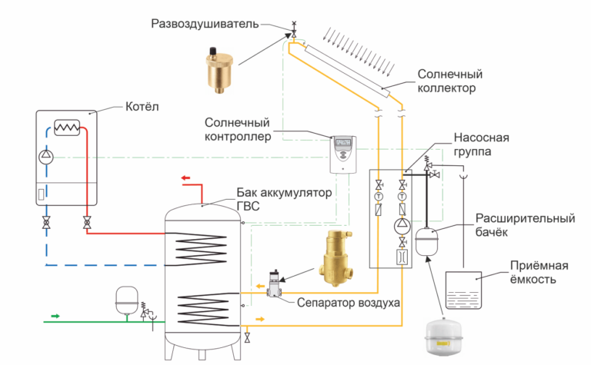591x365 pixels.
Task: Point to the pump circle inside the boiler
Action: click(48, 158)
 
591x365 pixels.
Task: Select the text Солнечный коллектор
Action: click(449, 81)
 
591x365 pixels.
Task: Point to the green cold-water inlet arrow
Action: click(55, 315)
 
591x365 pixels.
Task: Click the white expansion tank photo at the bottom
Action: click(447, 337)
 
